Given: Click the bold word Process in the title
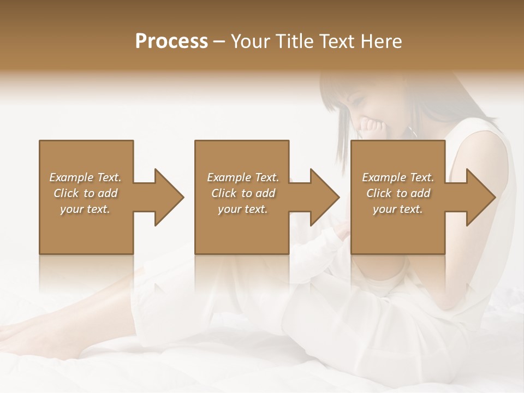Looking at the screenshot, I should coord(171,41).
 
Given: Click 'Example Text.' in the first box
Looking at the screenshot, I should coord(85,177).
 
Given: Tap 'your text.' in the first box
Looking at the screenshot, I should coord(85,209).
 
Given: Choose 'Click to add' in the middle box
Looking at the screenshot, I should coord(243,193).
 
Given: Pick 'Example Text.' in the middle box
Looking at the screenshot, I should coord(243,177).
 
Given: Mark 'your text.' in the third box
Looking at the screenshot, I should coord(398,209).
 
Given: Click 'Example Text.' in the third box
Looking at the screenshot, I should coord(398,177).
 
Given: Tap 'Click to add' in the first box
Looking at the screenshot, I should coord(85,193).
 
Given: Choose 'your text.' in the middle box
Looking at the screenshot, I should coord(243,209).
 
